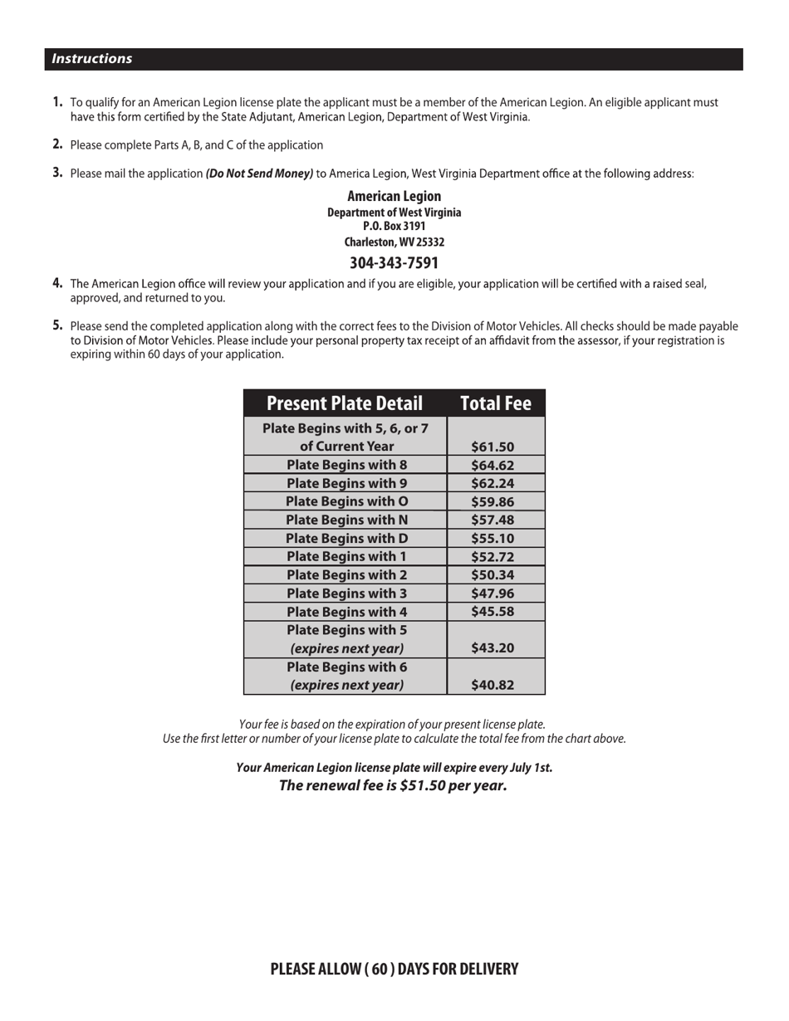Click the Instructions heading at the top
[91, 59]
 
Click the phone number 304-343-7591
[394, 263]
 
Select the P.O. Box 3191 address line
[394, 227]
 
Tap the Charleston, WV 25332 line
[394, 242]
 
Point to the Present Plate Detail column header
[345, 403]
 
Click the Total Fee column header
[495, 403]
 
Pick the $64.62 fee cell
[493, 465]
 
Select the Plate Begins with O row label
[346, 501]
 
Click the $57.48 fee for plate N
[493, 520]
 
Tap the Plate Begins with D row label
[346, 538]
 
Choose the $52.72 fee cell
[493, 556]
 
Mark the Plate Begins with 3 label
[346, 593]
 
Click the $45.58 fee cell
[493, 612]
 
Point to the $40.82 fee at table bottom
[493, 685]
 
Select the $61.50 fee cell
[493, 447]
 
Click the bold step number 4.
[57, 283]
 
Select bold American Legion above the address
[394, 197]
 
